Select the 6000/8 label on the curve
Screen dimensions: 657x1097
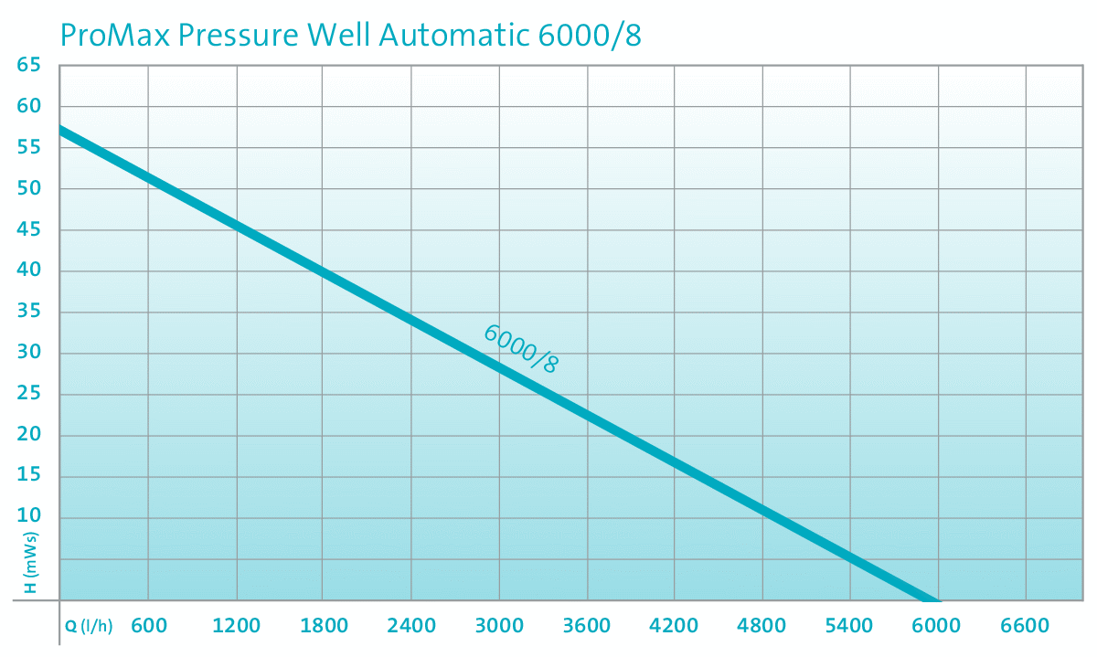[x=520, y=348]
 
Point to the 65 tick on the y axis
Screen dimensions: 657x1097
[x=29, y=65]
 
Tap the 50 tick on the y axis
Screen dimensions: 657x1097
[x=29, y=188]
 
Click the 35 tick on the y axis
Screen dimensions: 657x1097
[x=29, y=312]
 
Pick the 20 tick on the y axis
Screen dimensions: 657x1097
[x=29, y=435]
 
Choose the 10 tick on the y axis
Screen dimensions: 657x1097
[x=29, y=517]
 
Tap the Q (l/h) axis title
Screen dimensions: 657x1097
[x=89, y=627]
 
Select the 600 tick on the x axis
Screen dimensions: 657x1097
[x=149, y=626]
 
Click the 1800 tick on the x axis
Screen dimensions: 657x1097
[x=324, y=626]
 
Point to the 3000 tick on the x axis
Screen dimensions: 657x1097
[x=499, y=626]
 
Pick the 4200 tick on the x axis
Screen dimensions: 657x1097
[x=674, y=626]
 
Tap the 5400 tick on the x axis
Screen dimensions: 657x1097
[x=849, y=626]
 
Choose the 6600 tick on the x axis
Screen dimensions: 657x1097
[x=1025, y=626]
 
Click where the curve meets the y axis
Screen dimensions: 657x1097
[x=60, y=130]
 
